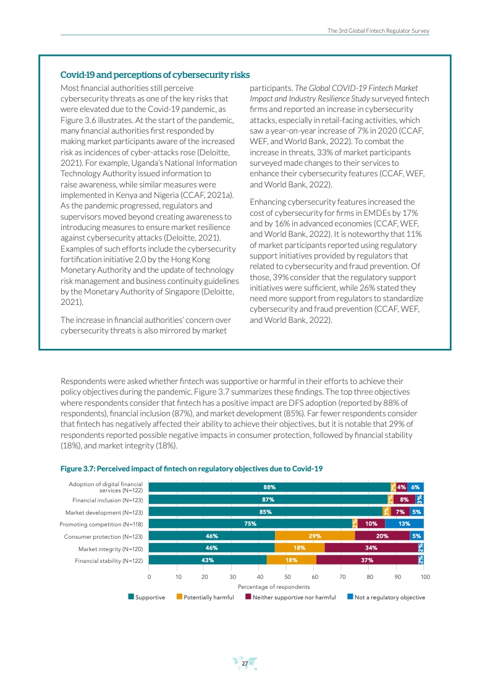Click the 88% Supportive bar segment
[x=269, y=487]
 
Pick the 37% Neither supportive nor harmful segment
[x=366, y=560]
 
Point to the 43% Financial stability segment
[x=208, y=560]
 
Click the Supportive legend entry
[x=146, y=598]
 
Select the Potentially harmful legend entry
[x=205, y=598]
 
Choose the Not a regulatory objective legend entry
[x=386, y=598]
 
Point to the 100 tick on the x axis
[x=425, y=576]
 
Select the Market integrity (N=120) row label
[x=110, y=549]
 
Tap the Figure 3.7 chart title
[x=191, y=469]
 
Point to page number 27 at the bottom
[x=245, y=664]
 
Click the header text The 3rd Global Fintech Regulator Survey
[x=378, y=30]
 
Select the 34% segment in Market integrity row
[x=371, y=549]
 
